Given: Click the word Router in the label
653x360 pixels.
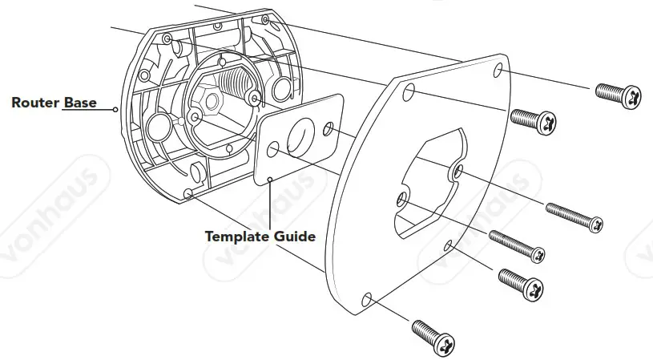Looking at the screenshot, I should click(x=34, y=103).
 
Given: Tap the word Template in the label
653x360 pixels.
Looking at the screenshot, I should click(x=237, y=237).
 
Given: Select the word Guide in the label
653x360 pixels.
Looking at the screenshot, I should click(x=294, y=237).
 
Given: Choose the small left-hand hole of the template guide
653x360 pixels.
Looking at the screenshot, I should click(x=273, y=149).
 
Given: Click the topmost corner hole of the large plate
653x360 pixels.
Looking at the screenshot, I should click(x=500, y=72).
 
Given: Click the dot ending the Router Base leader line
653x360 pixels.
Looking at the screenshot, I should click(x=117, y=108).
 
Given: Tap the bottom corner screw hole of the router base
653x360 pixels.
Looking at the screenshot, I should click(x=187, y=193).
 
